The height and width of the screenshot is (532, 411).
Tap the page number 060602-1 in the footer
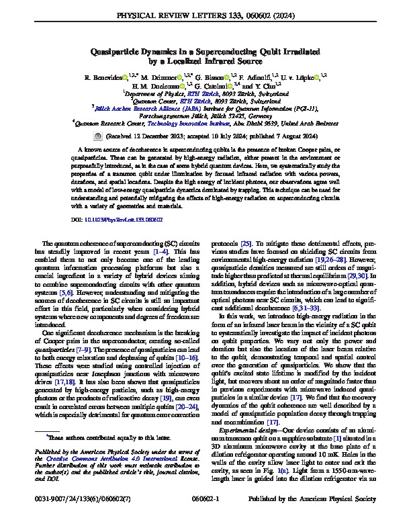(x=205, y=518)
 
